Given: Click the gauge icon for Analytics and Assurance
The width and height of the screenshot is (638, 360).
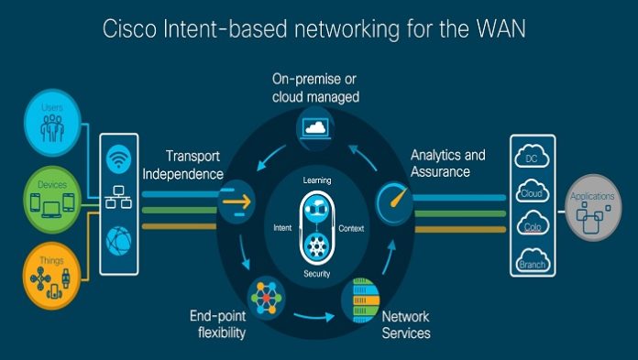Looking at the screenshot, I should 392,196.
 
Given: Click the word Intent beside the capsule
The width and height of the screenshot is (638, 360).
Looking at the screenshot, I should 283,226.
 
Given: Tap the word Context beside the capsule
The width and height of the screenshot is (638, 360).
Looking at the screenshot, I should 351,226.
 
